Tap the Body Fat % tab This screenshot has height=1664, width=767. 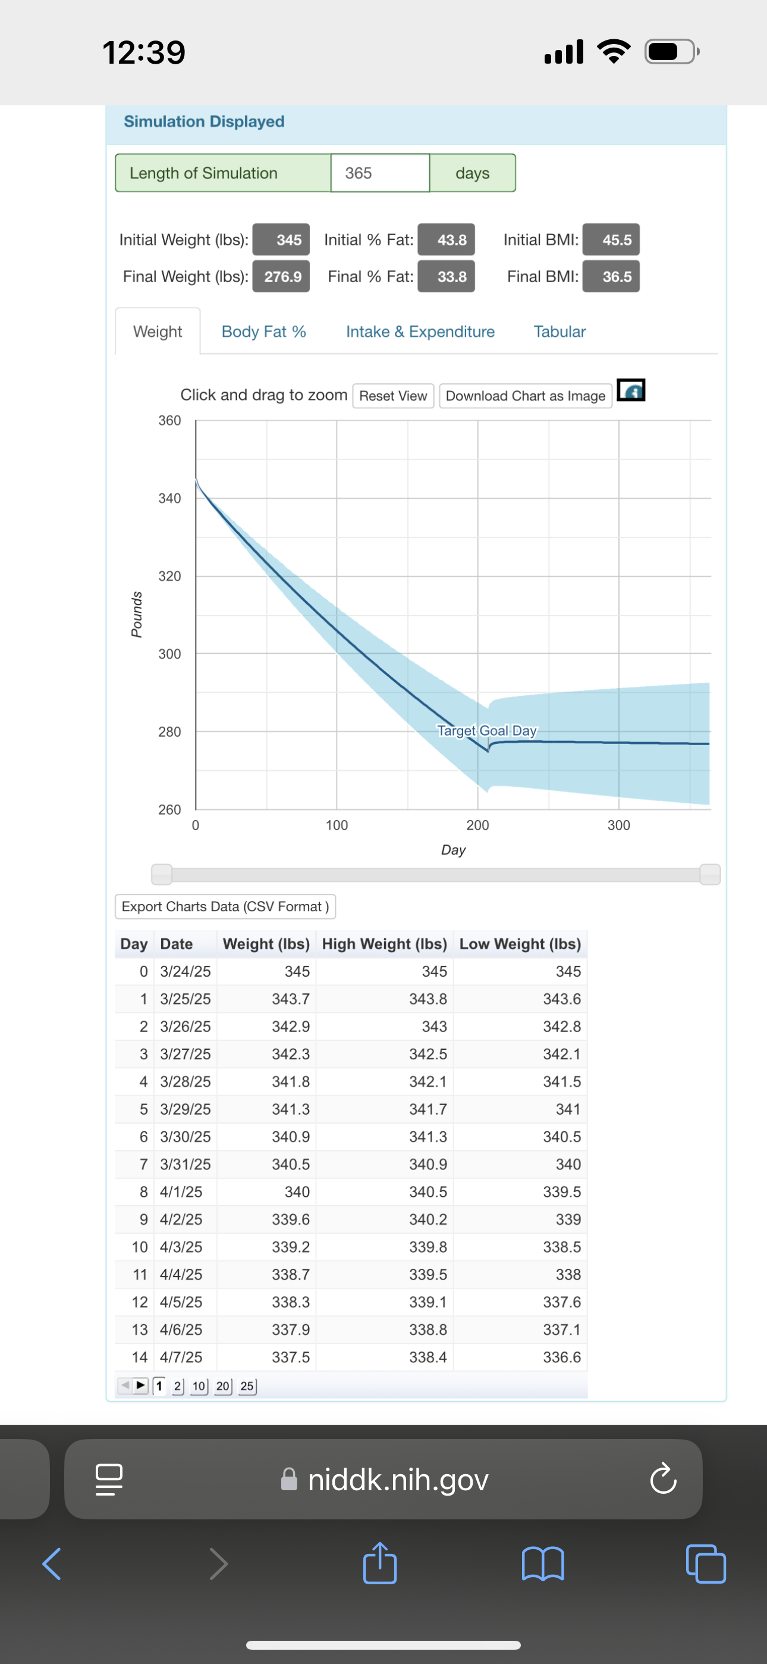click(x=263, y=331)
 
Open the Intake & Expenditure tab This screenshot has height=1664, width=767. click(x=420, y=331)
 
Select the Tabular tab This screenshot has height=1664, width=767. click(x=559, y=331)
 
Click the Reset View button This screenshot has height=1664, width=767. click(x=392, y=396)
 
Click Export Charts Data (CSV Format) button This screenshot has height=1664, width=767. click(x=225, y=906)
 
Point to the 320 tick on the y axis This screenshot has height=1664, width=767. click(x=170, y=576)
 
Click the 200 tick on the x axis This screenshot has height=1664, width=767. click(x=478, y=825)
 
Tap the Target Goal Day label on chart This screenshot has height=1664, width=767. click(x=487, y=731)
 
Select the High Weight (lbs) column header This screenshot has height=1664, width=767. click(x=384, y=944)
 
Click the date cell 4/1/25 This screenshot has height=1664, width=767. click(x=181, y=1192)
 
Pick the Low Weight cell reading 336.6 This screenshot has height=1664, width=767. click(x=562, y=1357)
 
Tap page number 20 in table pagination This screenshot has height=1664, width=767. click(x=224, y=1386)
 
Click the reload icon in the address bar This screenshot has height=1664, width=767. click(x=663, y=1480)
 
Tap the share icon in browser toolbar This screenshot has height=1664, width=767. click(x=379, y=1563)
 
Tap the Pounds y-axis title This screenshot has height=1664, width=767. click(x=136, y=614)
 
